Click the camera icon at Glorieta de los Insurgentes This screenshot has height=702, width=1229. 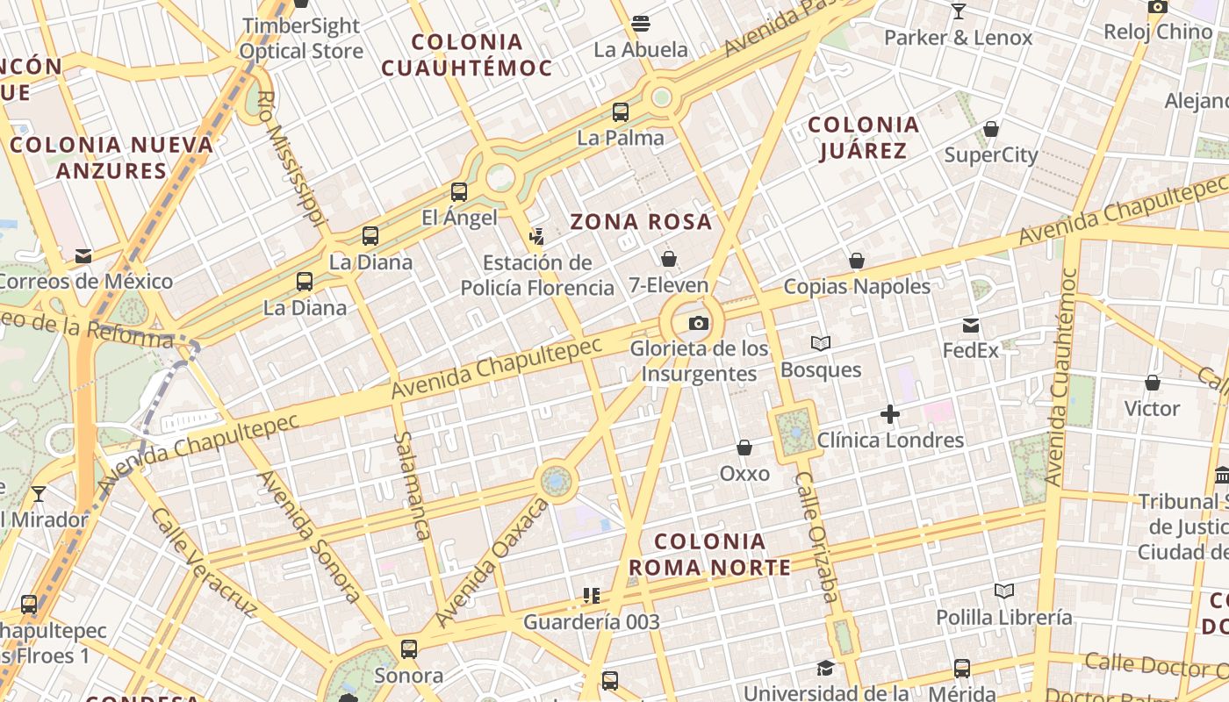point(699,323)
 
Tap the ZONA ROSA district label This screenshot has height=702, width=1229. point(642,222)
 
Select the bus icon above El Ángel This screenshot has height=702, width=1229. point(459,192)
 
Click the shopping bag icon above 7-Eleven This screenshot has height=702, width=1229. point(669,259)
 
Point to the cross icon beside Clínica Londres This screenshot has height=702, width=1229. point(890,414)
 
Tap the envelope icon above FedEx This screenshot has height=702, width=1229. point(971,326)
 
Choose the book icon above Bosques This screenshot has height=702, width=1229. point(821,344)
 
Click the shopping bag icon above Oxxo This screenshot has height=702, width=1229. point(744,448)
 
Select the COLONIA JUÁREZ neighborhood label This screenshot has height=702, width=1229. point(863,138)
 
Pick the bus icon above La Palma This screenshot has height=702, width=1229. point(621,112)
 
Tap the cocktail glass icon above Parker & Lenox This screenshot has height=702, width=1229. point(958,12)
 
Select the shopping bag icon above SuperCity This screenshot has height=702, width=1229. point(991,130)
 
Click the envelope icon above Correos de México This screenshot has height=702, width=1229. point(83,256)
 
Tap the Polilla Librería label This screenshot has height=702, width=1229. point(1003,617)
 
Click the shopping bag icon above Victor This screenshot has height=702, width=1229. point(1153,383)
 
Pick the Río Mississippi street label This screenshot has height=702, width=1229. point(291,158)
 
